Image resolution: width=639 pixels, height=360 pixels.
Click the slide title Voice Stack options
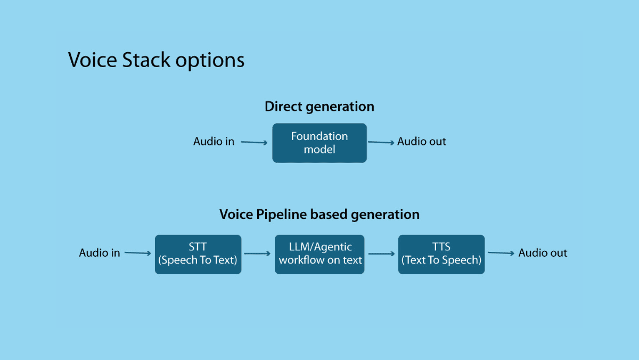(x=156, y=60)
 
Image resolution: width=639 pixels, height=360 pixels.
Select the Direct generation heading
(x=319, y=107)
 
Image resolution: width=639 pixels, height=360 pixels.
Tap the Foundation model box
(x=319, y=143)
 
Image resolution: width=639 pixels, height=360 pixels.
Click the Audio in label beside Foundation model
(x=214, y=142)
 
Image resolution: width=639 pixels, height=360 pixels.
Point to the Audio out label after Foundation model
(x=422, y=142)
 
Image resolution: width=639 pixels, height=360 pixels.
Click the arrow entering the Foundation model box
(x=254, y=142)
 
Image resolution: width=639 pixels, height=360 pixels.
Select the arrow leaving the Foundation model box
(x=381, y=142)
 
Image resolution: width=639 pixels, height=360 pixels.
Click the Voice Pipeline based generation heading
(x=319, y=214)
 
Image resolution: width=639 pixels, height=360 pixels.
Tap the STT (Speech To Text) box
(x=198, y=254)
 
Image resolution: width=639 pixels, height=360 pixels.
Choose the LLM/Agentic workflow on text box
(x=319, y=254)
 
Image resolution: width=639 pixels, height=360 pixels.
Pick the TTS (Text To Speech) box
(x=441, y=254)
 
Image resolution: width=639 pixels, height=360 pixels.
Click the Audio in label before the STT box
(x=100, y=253)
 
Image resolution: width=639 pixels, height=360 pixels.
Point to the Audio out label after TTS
(x=543, y=253)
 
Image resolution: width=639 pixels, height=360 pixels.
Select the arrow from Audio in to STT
(x=138, y=253)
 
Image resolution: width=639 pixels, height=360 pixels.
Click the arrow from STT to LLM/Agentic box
(x=258, y=254)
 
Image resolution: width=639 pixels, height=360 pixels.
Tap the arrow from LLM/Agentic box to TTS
(x=381, y=254)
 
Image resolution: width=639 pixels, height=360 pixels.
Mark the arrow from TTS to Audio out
(x=501, y=253)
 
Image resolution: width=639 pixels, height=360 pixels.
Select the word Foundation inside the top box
(x=319, y=136)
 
